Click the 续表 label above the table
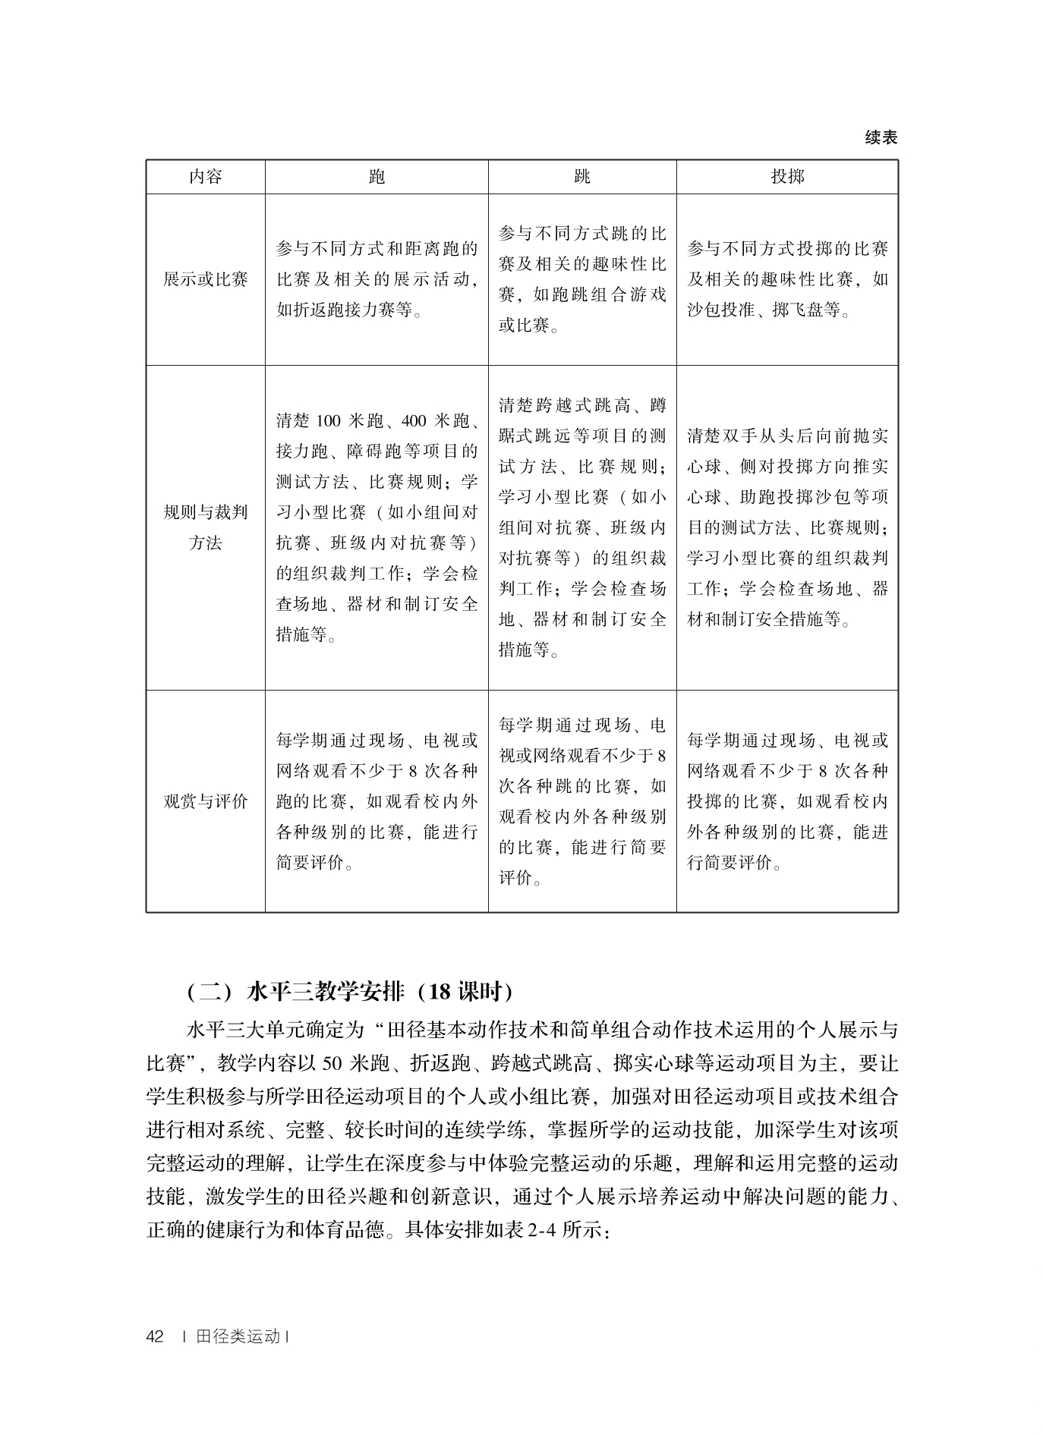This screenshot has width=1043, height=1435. pyautogui.click(x=881, y=137)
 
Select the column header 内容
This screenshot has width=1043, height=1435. pyautogui.click(x=205, y=178)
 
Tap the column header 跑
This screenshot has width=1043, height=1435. pyautogui.click(x=377, y=178)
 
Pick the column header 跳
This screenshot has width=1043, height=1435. pyautogui.click(x=582, y=178)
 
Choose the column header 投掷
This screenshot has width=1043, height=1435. pyautogui.click(x=787, y=178)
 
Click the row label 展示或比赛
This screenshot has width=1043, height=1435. pyautogui.click(x=205, y=279)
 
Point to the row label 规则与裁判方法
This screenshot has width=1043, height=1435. pyautogui.click(x=205, y=527)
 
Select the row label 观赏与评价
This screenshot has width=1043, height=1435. pyautogui.click(x=205, y=801)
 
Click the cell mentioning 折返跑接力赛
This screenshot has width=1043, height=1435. pyautogui.click(x=377, y=279)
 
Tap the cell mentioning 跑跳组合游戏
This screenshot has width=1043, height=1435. pyautogui.click(x=582, y=279)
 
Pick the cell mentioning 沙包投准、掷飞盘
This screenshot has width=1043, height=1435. pyautogui.click(x=787, y=279)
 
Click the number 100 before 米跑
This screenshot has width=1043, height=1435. pyautogui.click(x=329, y=421)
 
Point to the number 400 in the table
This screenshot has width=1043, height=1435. pyautogui.click(x=414, y=421)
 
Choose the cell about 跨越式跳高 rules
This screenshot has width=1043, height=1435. pyautogui.click(x=582, y=527)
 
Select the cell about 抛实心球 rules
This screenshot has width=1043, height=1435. pyautogui.click(x=787, y=527)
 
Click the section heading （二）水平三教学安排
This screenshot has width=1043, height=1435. pyautogui.click(x=349, y=992)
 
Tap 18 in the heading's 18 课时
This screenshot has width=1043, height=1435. pyautogui.click(x=438, y=992)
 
